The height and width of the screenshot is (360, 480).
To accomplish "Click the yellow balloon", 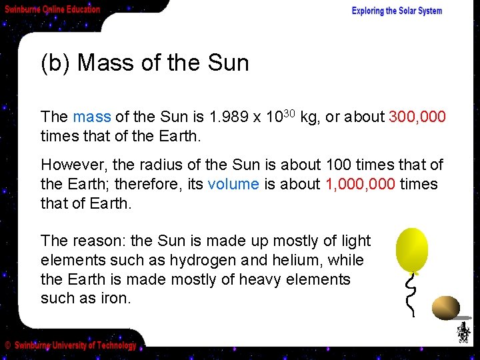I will pyautogui.click(x=411, y=249).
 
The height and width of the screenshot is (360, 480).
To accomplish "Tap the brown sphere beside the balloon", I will pyautogui.click(x=446, y=308).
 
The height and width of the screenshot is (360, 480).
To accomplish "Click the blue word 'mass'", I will pyautogui.click(x=92, y=117).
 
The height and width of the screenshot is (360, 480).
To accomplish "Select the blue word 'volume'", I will pyautogui.click(x=233, y=184).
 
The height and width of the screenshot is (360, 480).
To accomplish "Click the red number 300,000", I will pyautogui.click(x=417, y=117).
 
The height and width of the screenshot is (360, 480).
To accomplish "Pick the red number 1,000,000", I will pyautogui.click(x=360, y=184).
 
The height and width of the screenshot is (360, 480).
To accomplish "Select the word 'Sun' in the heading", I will pyautogui.click(x=228, y=63).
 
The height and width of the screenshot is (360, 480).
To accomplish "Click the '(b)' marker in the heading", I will pyautogui.click(x=55, y=63).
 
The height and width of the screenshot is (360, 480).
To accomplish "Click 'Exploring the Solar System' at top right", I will pyautogui.click(x=397, y=11).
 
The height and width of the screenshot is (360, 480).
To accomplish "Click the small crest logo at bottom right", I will pyautogui.click(x=463, y=332).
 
